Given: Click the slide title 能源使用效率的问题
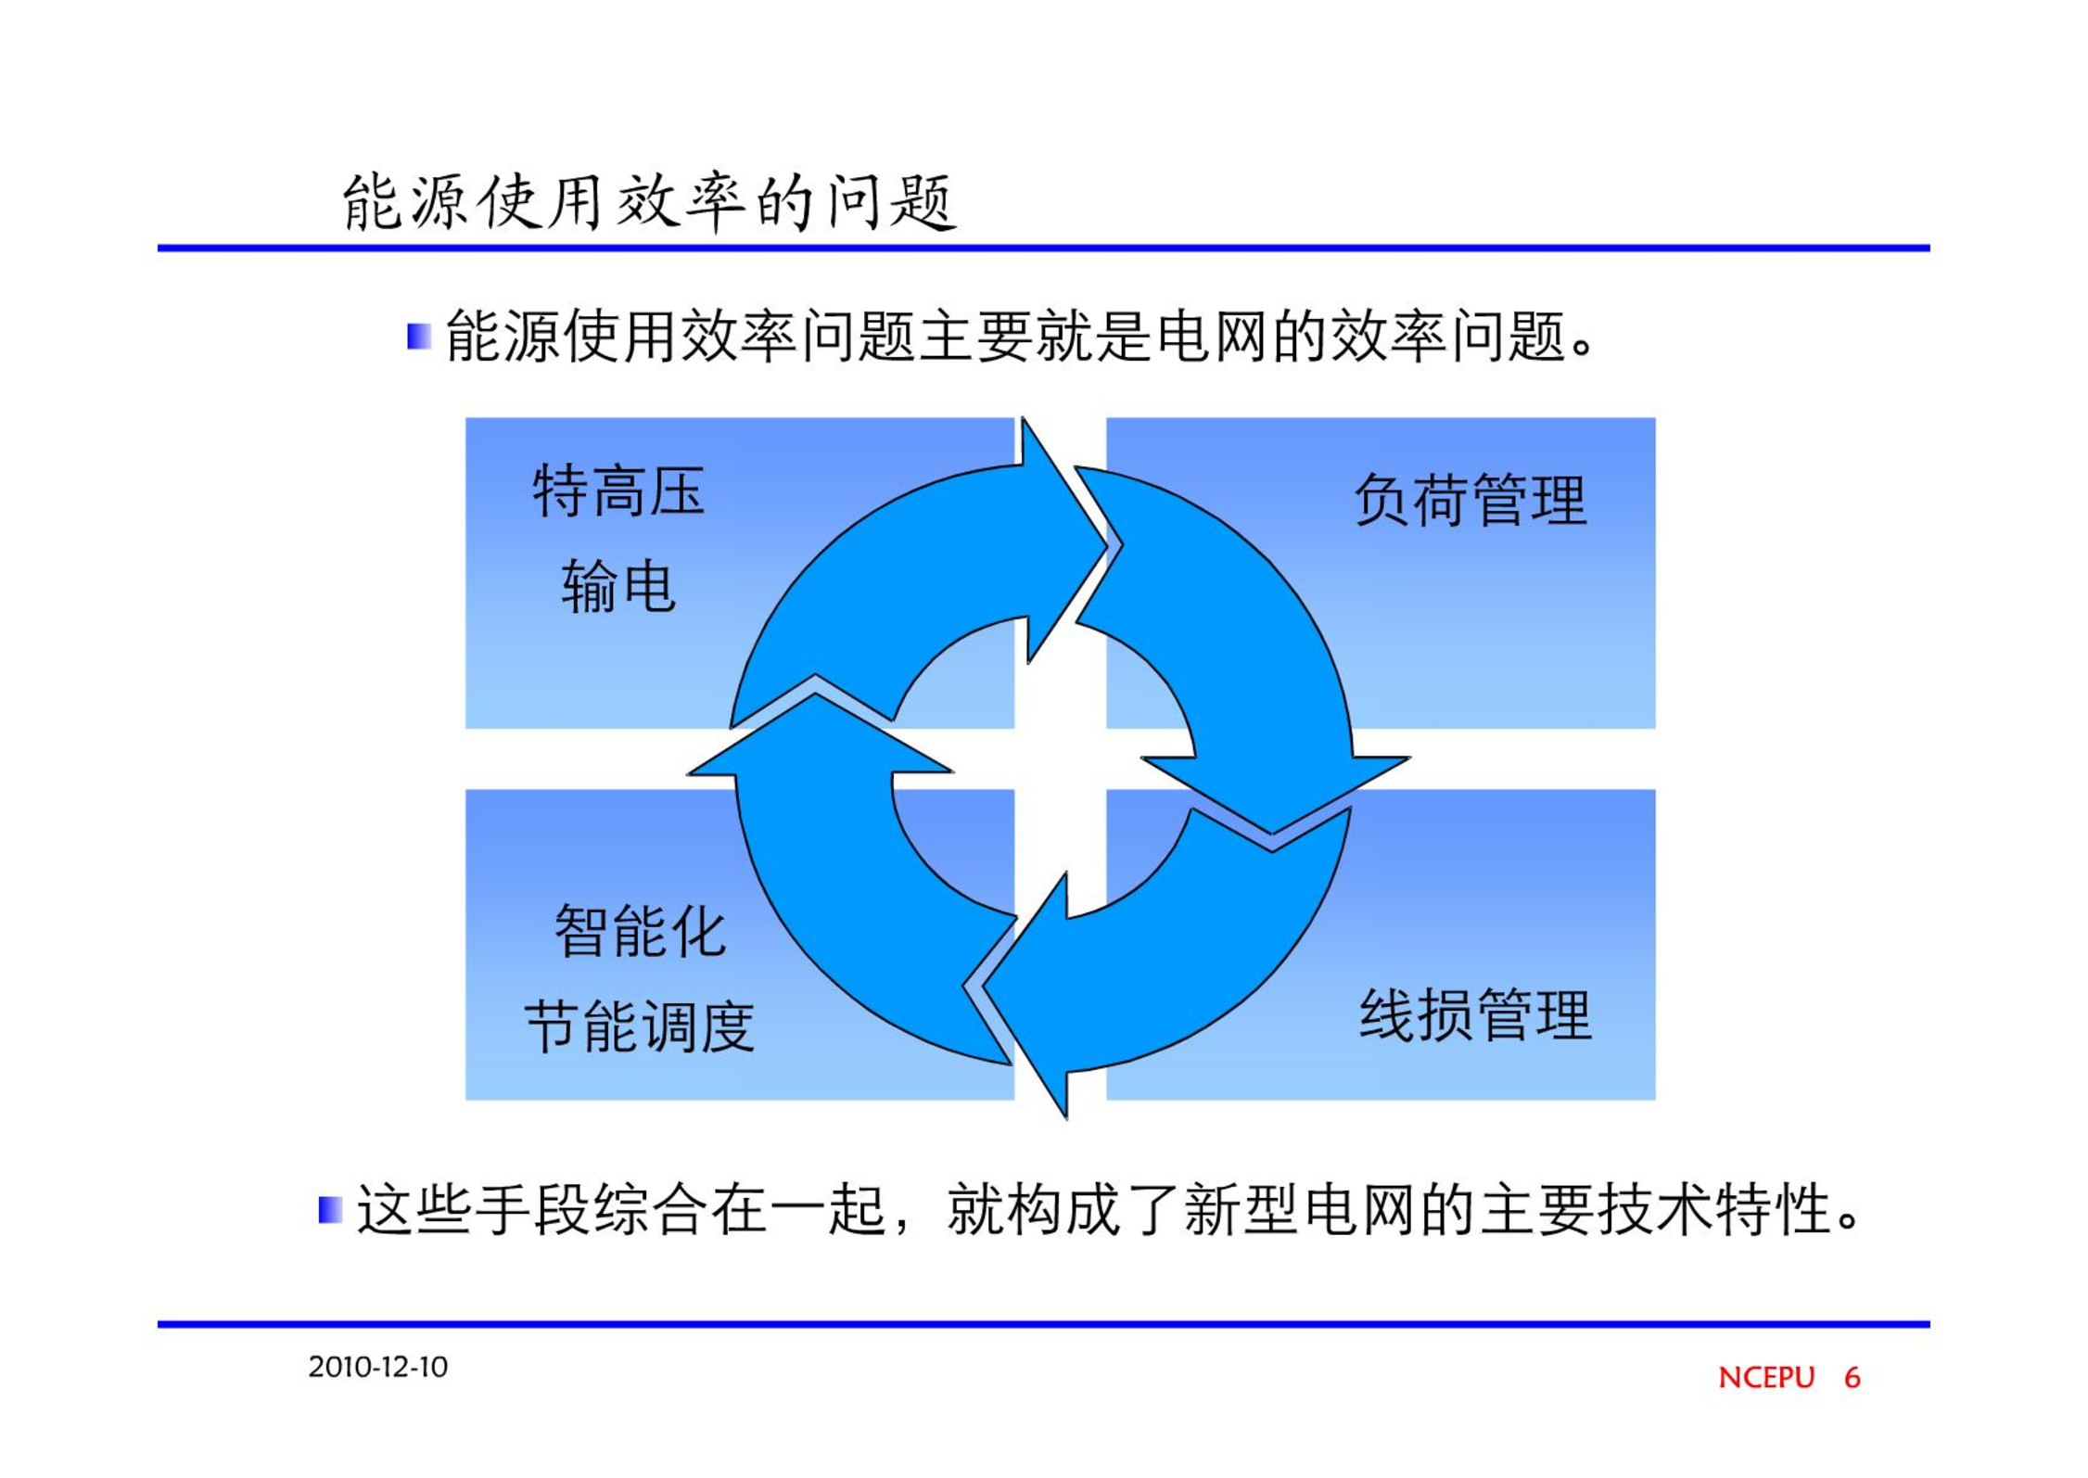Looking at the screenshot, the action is pyautogui.click(x=649, y=202).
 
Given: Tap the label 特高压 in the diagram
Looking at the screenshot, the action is pyautogui.click(x=618, y=491).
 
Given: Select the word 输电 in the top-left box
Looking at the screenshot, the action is pyautogui.click(x=618, y=586).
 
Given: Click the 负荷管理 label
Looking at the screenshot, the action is pyautogui.click(x=1471, y=500).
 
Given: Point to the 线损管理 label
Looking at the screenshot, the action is pyautogui.click(x=1475, y=1015).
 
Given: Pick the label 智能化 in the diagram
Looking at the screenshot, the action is pyautogui.click(x=640, y=931).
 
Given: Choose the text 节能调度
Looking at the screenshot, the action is pyautogui.click(x=640, y=1027).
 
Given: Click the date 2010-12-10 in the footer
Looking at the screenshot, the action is pyautogui.click(x=378, y=1367).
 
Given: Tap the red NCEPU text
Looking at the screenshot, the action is pyautogui.click(x=1766, y=1378).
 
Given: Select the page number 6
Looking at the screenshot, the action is pyautogui.click(x=1852, y=1378).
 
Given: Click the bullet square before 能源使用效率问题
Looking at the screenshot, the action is pyautogui.click(x=419, y=336).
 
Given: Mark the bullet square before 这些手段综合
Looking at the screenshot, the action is pyautogui.click(x=330, y=1210).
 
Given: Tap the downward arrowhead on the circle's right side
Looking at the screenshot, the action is pyautogui.click(x=1275, y=793).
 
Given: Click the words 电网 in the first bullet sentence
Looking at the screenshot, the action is pyautogui.click(x=1213, y=336).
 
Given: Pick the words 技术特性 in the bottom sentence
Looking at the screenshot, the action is pyautogui.click(x=1714, y=1210).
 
